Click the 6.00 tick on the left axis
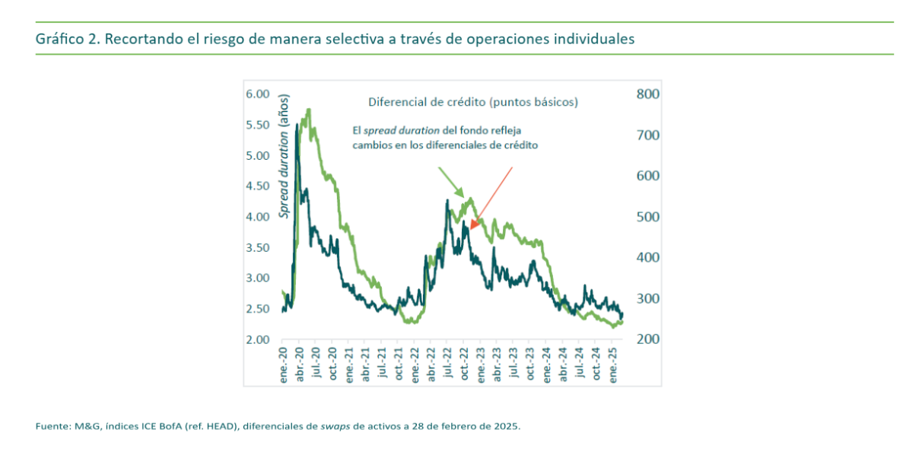tap(257, 94)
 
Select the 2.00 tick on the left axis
tap(257, 339)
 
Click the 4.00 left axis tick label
tap(257, 217)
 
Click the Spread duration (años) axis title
tap(285, 157)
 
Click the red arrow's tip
tap(471, 228)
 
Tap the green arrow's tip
tap(465, 199)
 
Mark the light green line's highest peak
tap(308, 110)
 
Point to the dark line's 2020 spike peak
tap(297, 124)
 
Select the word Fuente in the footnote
tap(51, 426)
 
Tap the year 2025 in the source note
tap(507, 426)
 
